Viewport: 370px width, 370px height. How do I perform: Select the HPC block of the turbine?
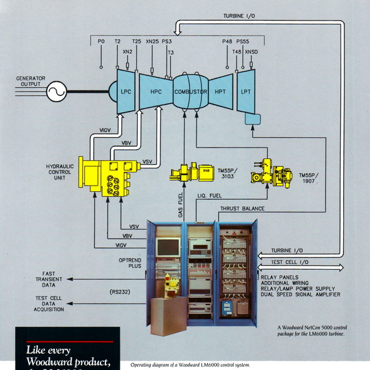click(x=155, y=92)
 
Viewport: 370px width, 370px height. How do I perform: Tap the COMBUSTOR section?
click(x=190, y=92)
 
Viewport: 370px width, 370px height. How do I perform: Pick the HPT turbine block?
click(x=220, y=92)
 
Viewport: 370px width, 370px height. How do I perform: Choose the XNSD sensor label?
click(x=251, y=52)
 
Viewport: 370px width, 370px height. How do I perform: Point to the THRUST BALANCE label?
click(x=241, y=209)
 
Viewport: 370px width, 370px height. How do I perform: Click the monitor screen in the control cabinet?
click(x=168, y=247)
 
